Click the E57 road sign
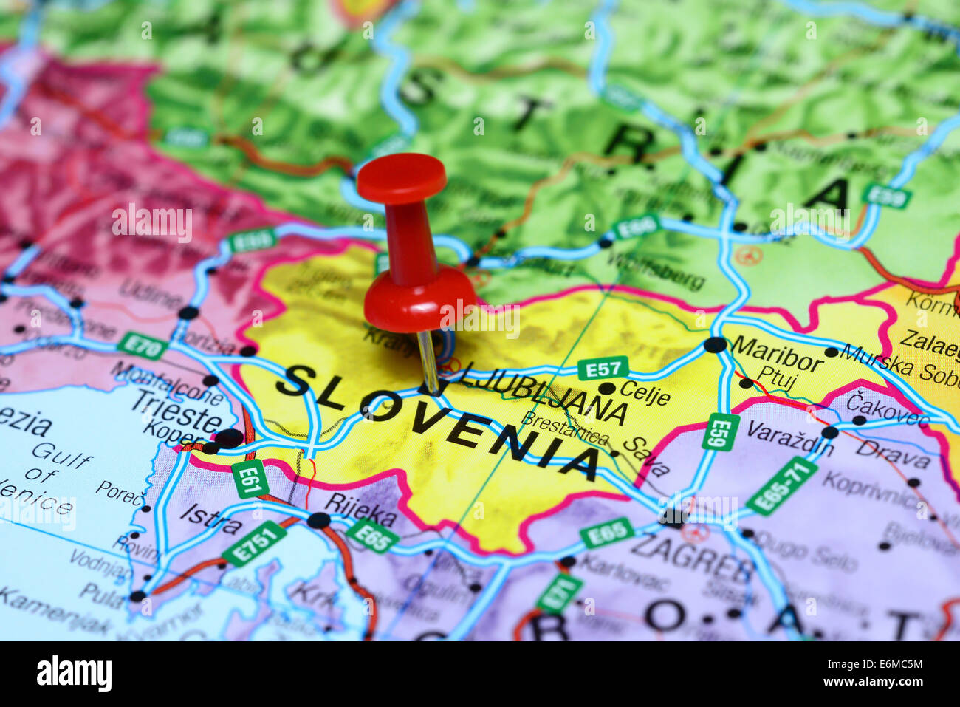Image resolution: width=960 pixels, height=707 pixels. [x=603, y=368]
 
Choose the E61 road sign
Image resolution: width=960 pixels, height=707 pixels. [x=250, y=479]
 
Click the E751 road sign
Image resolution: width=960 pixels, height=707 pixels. [x=254, y=543]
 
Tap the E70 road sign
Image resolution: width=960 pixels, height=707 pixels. [x=142, y=345]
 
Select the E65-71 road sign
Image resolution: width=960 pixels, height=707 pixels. [x=781, y=485]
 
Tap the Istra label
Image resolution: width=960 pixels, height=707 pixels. [x=211, y=519]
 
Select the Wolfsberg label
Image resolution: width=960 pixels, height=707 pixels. [x=656, y=270]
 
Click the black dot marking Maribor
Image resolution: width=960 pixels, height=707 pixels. [x=715, y=344]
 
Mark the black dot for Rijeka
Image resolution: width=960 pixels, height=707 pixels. [x=318, y=520]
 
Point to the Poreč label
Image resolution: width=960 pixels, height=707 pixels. [x=120, y=493]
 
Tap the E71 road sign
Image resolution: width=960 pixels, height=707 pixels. [x=558, y=593]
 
